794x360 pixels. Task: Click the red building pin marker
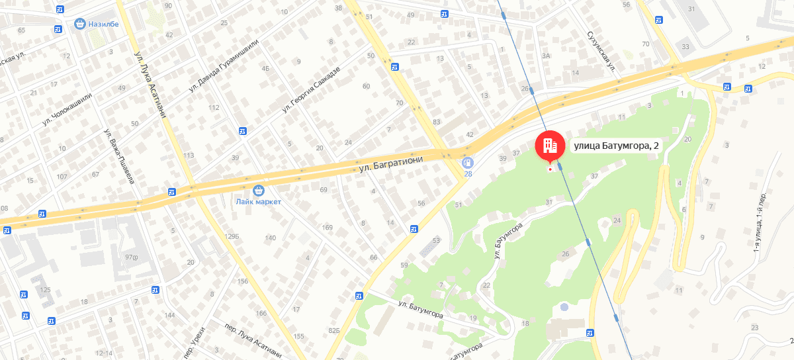[549, 146]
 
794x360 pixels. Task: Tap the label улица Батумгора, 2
[616, 146]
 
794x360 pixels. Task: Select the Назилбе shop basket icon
[80, 24]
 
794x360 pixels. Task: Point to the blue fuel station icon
[468, 162]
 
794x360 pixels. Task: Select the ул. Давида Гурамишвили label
[224, 65]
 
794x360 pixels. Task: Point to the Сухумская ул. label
[601, 51]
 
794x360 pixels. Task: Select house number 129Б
[231, 237]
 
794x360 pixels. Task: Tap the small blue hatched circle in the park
[564, 307]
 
